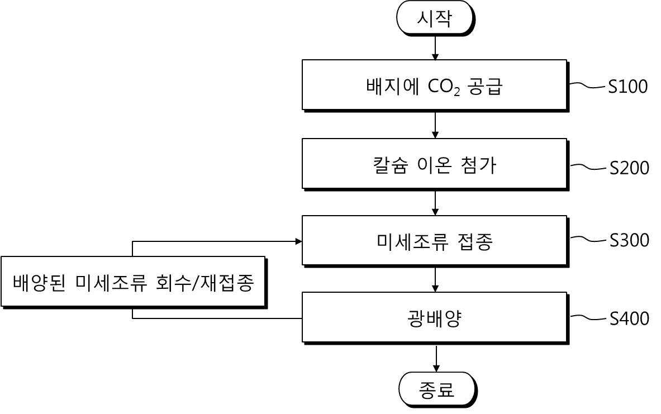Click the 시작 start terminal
[435, 18]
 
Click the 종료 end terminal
[438, 389]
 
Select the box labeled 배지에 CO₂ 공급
[435, 85]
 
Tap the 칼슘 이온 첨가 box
[435, 164]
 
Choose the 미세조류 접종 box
[435, 241]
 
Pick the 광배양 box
[435, 318]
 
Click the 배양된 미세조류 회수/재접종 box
[134, 282]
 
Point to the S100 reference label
[627, 87]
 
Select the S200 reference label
[629, 168]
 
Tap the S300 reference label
[629, 240]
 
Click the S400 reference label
[629, 318]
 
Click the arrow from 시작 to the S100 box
[435, 47]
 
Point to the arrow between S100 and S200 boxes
[435, 125]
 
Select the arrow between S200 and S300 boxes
[435, 203]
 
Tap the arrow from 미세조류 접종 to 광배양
[435, 279]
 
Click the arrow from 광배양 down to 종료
[436, 358]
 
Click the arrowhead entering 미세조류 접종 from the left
[299, 241]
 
